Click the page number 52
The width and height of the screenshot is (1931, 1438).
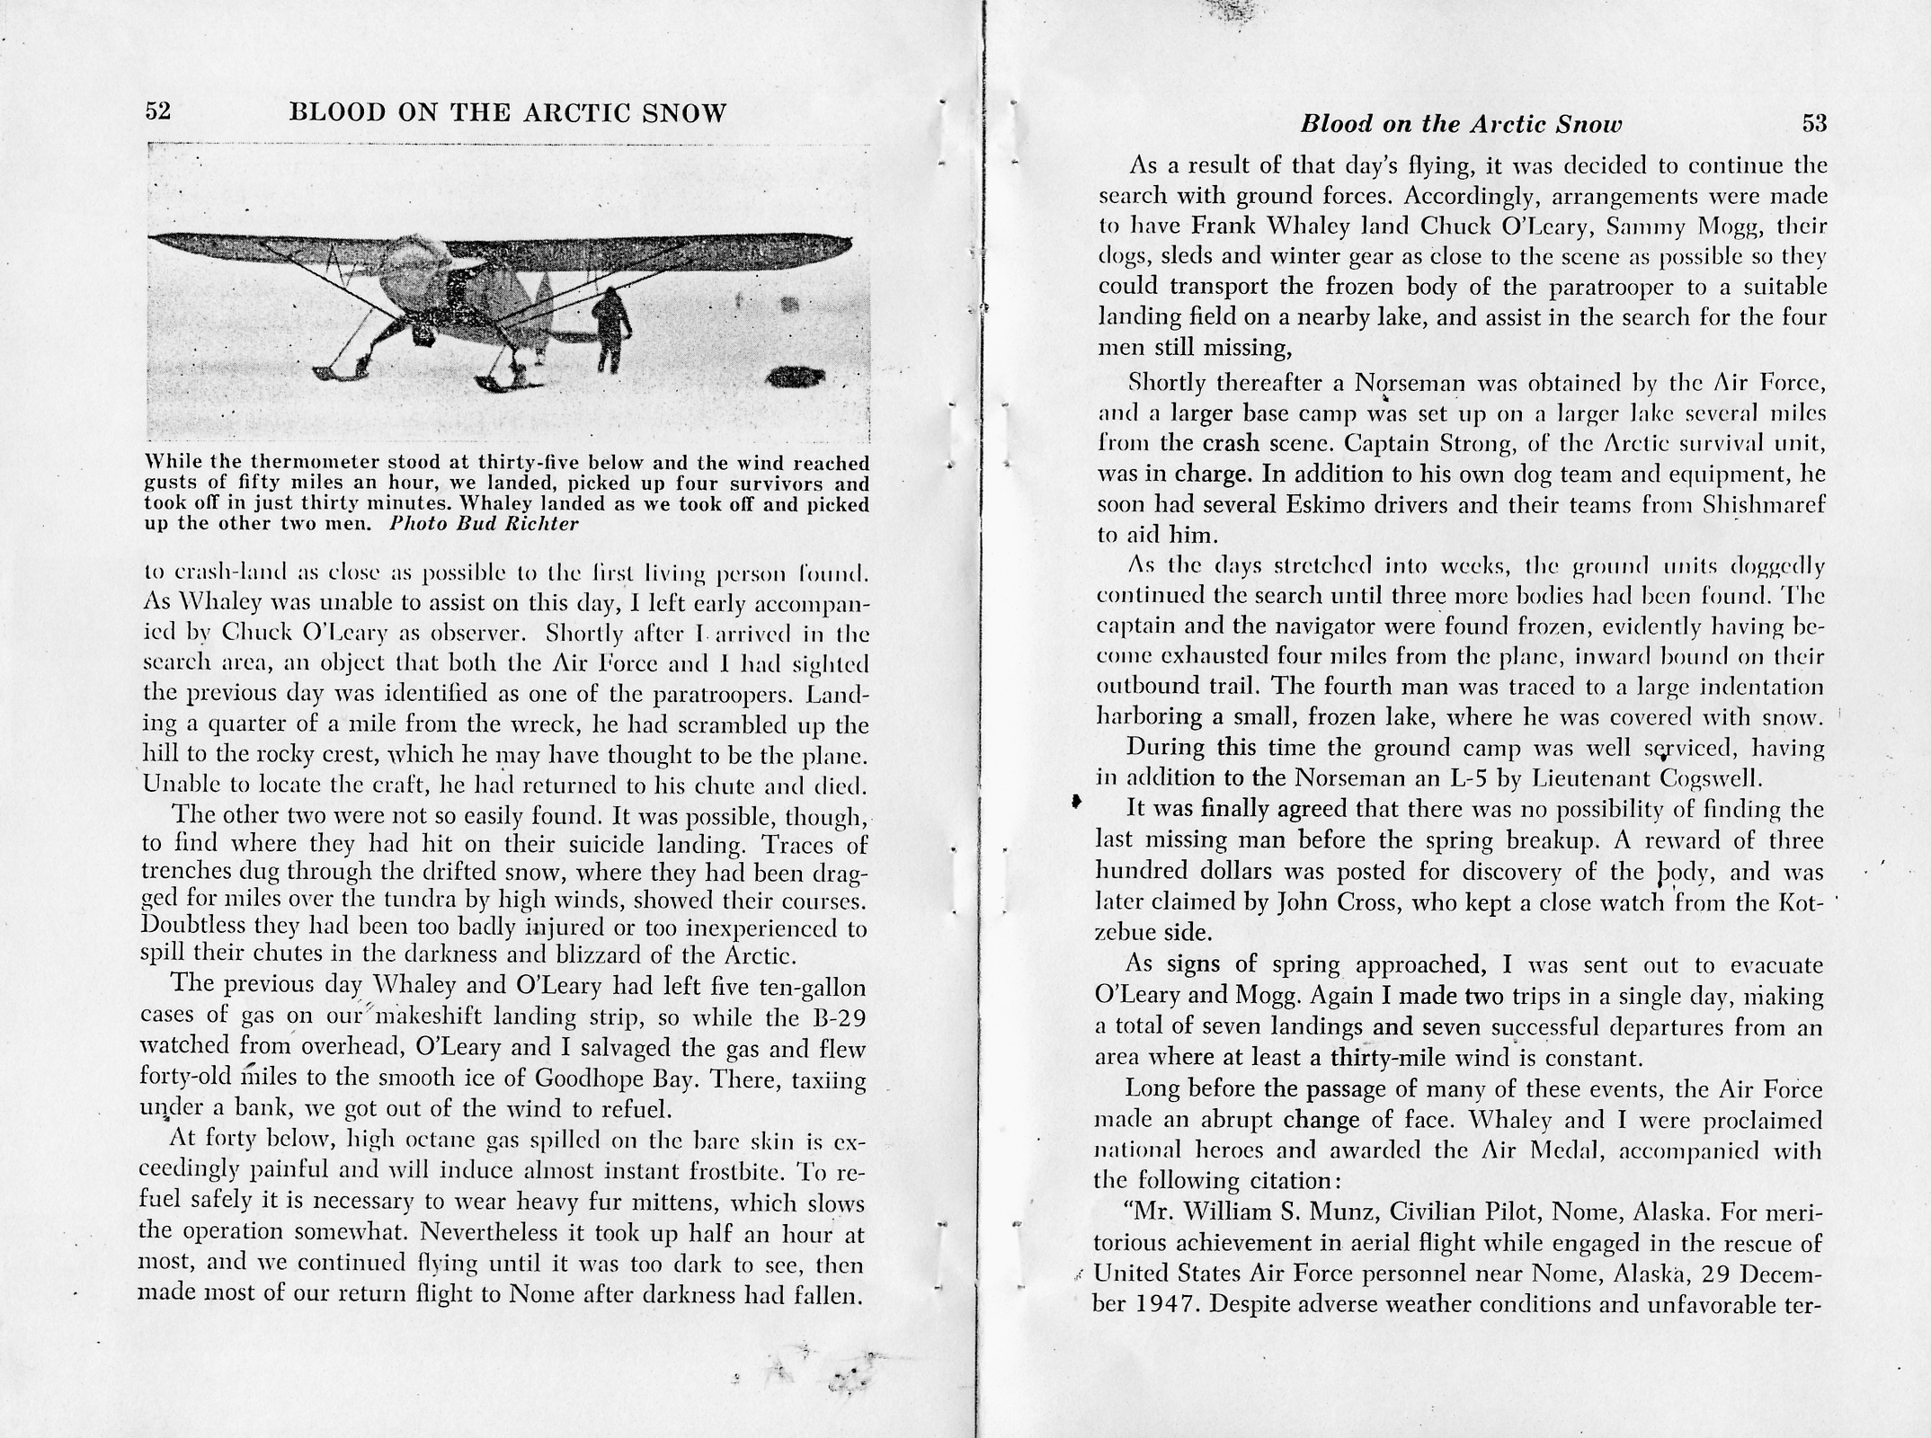coord(157,112)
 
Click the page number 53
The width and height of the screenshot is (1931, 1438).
coord(1814,124)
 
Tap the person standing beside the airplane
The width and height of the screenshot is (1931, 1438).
coord(610,329)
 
